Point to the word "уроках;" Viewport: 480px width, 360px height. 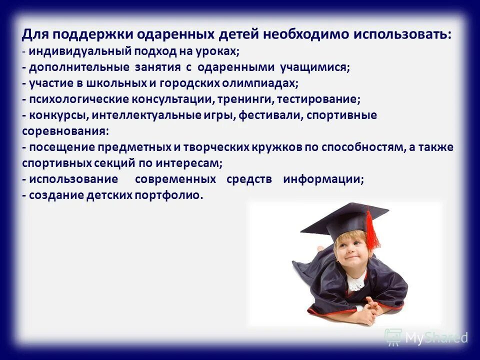(x=216, y=52)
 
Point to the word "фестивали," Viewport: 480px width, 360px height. (x=270, y=115)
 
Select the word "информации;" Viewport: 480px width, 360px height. (x=323, y=179)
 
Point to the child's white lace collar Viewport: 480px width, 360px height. (x=356, y=283)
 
